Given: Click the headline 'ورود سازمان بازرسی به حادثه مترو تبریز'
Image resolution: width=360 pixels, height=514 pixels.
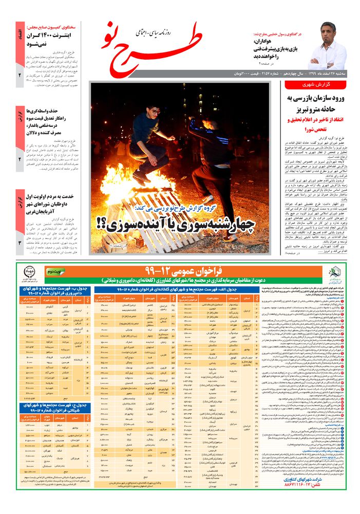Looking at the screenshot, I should coord(314,103).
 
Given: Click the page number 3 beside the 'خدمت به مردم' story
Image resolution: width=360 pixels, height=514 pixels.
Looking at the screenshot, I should coord(20,243).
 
